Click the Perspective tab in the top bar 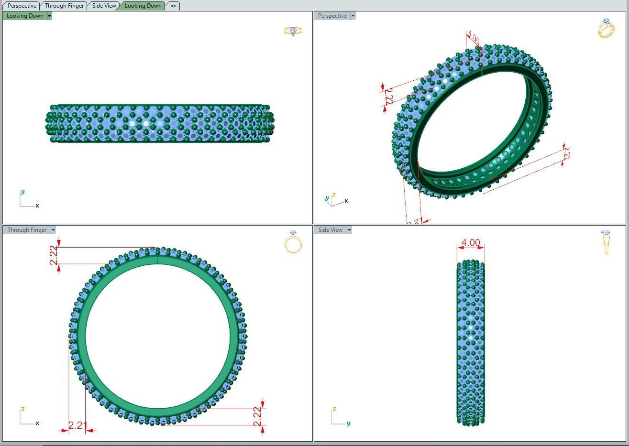coord(22,6)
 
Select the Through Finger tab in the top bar coord(64,6)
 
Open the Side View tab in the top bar coord(104,6)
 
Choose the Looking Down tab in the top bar coord(143,6)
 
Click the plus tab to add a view coord(173,6)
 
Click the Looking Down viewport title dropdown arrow coord(49,16)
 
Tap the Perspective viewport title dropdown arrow coord(353,16)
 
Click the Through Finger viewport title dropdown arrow coord(53,230)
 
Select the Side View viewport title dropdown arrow coord(349,230)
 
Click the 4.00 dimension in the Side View coord(470,243)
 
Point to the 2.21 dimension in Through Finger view coord(77,425)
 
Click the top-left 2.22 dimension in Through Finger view coord(54,255)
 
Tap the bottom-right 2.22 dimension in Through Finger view coord(257,416)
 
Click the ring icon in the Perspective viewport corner coord(606,29)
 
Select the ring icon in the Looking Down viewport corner coord(293,31)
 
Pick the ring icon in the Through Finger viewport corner coord(293,242)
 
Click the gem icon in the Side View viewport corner coord(606,242)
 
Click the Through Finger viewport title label coord(27,230)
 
